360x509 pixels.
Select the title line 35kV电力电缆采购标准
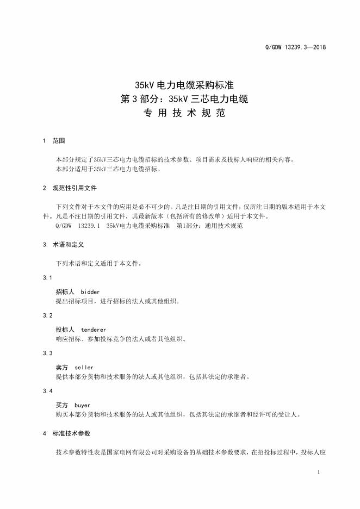click(179, 85)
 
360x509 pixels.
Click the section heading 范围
click(58, 141)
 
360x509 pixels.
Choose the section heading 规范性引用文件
click(75, 188)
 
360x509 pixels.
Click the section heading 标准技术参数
click(71, 433)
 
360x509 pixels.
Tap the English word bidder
click(90, 292)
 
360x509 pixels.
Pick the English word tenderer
click(94, 330)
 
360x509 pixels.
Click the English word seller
click(84, 368)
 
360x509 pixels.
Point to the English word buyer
click(82, 405)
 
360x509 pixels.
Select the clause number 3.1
click(47, 278)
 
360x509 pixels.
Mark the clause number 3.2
click(47, 315)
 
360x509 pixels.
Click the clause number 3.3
click(47, 353)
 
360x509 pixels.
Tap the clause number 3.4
click(47, 391)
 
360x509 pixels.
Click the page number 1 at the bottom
click(318, 472)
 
